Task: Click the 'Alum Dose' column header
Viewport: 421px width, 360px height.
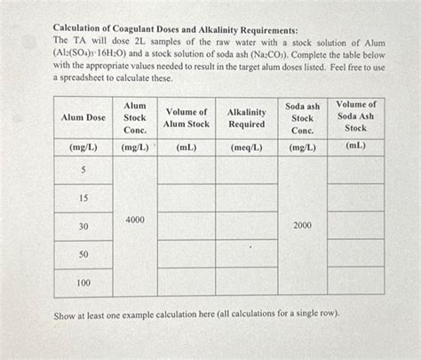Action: (x=83, y=117)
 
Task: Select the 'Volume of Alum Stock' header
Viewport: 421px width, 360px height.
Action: (x=187, y=117)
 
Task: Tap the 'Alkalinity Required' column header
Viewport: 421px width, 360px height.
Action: (x=246, y=117)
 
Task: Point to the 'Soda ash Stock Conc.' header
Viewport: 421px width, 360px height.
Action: (x=302, y=117)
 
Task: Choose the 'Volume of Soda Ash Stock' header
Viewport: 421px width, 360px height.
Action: (x=355, y=116)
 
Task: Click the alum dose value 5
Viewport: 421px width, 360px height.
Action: (x=83, y=169)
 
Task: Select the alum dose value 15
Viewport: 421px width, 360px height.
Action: (x=83, y=197)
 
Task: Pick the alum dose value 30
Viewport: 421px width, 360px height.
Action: (x=83, y=227)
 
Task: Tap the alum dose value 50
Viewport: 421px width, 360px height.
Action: (x=83, y=254)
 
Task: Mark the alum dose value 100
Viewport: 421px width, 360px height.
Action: (x=83, y=283)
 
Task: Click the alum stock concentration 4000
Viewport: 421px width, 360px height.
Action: (x=135, y=219)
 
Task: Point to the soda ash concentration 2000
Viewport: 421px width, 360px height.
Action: (x=302, y=226)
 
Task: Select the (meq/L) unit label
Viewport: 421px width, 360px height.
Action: (x=246, y=146)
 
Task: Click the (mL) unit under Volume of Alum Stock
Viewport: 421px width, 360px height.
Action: (x=187, y=146)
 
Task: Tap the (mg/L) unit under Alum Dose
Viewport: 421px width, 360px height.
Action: (x=83, y=146)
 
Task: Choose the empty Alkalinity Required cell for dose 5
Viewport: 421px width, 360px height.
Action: (x=246, y=169)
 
